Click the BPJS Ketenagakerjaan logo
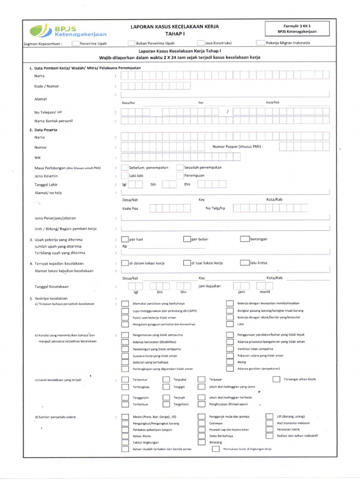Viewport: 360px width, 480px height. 67,30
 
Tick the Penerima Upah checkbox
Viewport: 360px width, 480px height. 75,43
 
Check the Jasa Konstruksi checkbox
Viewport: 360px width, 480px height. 201,43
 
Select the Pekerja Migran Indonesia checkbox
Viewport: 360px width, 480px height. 261,43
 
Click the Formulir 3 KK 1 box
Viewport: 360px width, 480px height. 300,29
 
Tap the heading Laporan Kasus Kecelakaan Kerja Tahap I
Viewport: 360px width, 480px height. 174,30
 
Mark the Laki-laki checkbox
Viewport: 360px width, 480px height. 125,176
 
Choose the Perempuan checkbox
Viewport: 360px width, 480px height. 180,176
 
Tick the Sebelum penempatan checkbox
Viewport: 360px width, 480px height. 125,167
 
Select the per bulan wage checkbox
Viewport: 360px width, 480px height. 187,239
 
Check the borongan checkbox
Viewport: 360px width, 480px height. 245,239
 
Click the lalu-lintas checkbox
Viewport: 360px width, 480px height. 245,263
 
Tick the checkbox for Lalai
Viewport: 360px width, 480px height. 229,324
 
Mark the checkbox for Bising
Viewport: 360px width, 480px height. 229,362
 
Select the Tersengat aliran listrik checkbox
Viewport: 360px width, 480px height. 276,379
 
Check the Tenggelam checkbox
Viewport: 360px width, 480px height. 125,397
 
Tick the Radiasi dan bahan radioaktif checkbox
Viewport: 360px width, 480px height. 269,435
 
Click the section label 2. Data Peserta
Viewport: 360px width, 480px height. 43,130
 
